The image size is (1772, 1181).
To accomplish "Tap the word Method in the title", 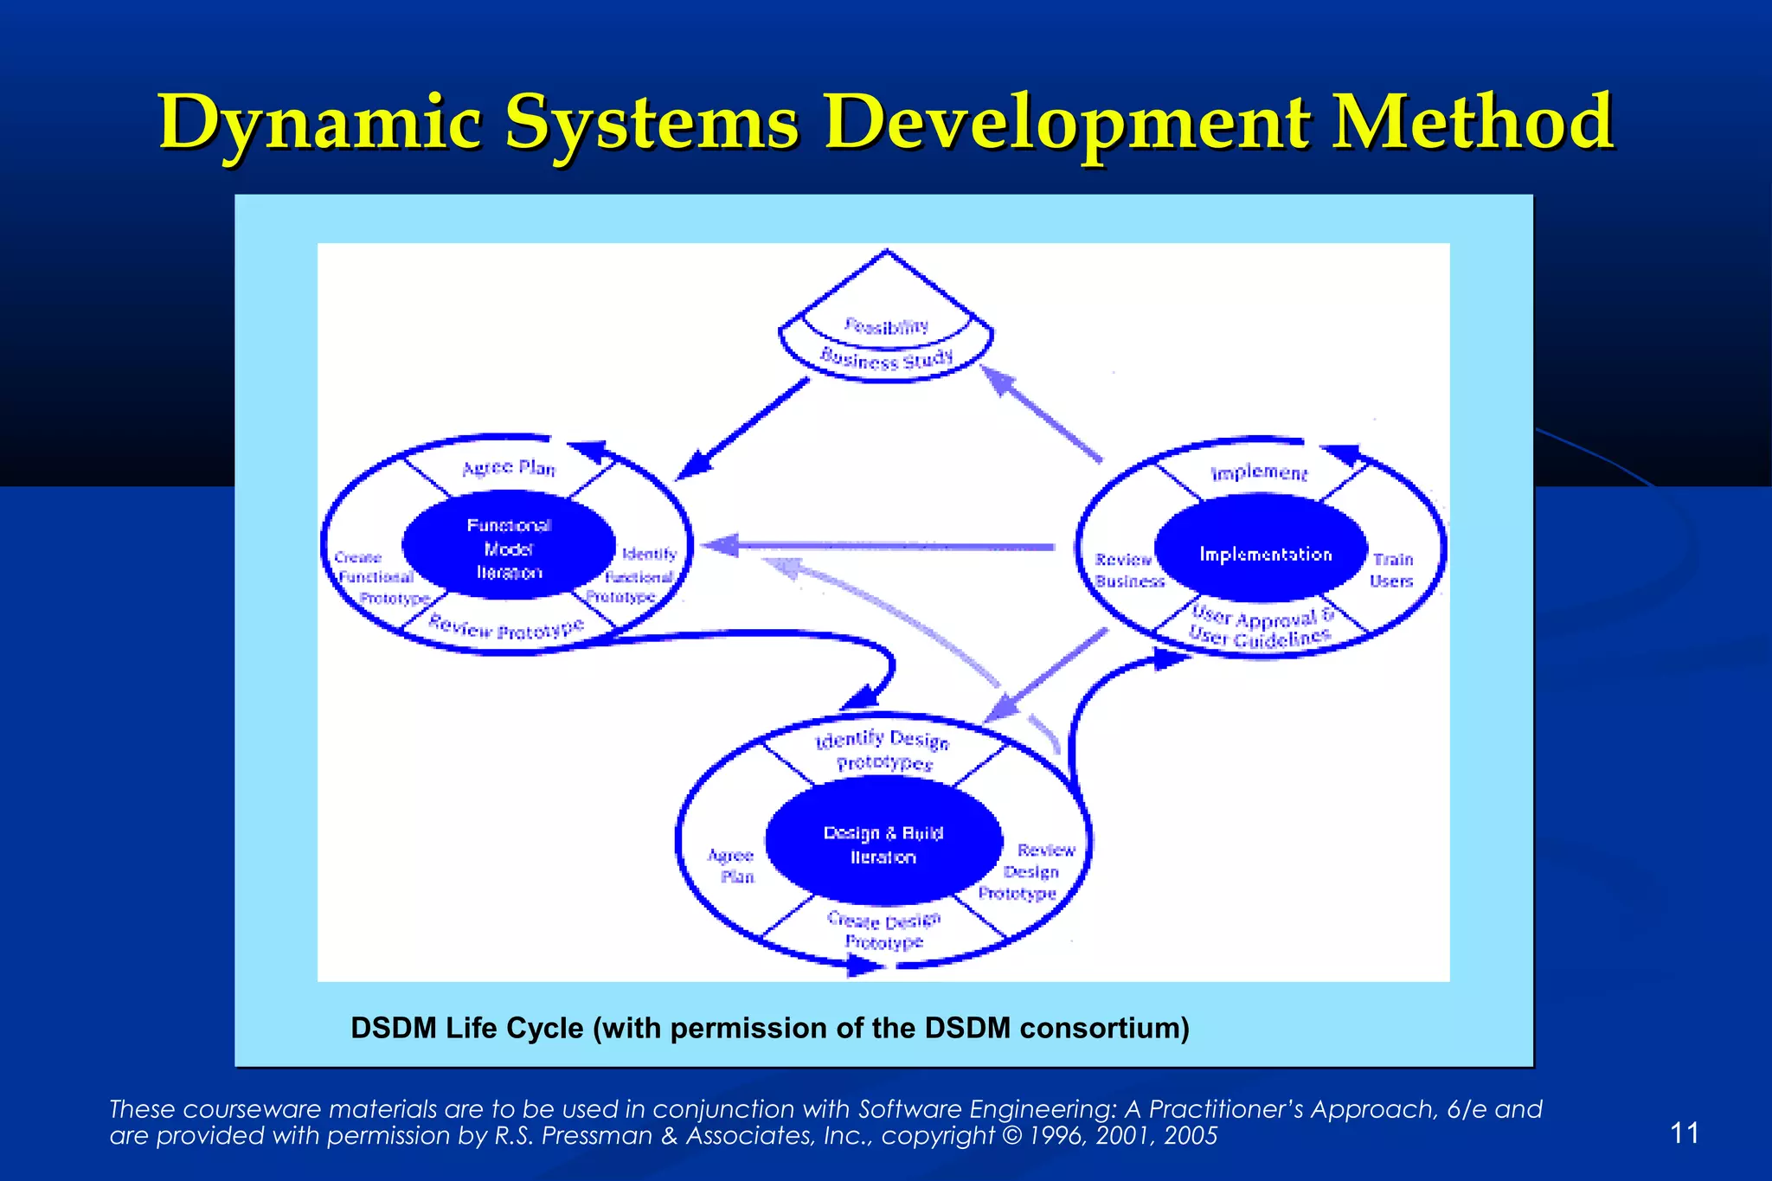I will click(x=1471, y=122).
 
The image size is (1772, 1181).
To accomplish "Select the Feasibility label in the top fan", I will click(x=886, y=326).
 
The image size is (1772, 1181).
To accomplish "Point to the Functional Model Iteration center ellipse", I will click(x=509, y=549).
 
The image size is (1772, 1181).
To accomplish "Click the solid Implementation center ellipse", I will click(x=1264, y=554).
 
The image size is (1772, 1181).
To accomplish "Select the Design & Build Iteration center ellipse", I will click(x=883, y=844).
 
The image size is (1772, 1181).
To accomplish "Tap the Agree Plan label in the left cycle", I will click(x=509, y=468).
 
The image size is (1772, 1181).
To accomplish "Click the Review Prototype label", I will click(x=507, y=627).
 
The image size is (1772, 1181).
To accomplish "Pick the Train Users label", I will click(x=1391, y=570).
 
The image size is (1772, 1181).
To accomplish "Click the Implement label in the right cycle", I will click(x=1259, y=472).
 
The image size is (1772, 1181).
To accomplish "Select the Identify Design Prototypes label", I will click(x=883, y=750).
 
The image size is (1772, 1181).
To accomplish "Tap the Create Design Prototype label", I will click(x=883, y=931).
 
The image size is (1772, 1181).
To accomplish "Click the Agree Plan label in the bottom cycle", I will click(x=732, y=865).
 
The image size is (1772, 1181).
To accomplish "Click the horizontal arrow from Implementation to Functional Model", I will click(x=883, y=546).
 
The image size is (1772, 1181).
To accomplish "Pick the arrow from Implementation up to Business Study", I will click(x=1043, y=414).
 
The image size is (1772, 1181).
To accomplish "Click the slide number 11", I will click(x=1684, y=1133).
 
